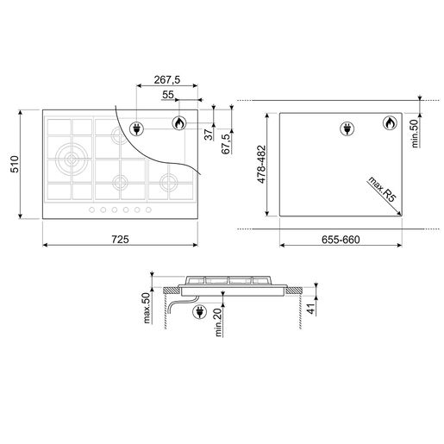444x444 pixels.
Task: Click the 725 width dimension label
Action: click(x=120, y=239)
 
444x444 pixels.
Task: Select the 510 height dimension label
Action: click(x=15, y=164)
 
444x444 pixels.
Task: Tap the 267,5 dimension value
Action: click(x=167, y=79)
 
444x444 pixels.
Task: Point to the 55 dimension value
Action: click(x=168, y=94)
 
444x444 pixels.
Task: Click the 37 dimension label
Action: click(x=209, y=134)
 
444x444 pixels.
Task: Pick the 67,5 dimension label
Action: click(x=227, y=144)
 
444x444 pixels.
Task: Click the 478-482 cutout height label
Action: click(x=262, y=165)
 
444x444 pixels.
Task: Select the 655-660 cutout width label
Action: click(x=341, y=240)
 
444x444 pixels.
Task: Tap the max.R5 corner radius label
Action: click(x=382, y=190)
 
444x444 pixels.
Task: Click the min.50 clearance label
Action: click(x=415, y=134)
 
